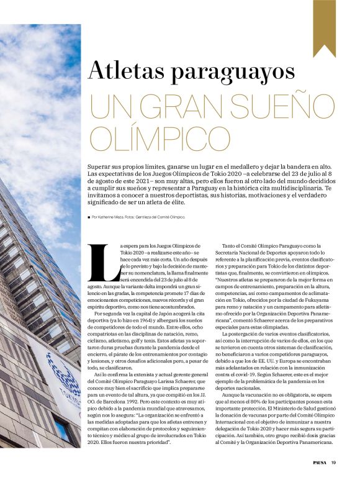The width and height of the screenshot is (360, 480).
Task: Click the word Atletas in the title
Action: click(x=126, y=70)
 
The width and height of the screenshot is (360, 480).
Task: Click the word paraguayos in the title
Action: click(x=236, y=71)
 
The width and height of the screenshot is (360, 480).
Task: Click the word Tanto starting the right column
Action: click(x=229, y=247)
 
